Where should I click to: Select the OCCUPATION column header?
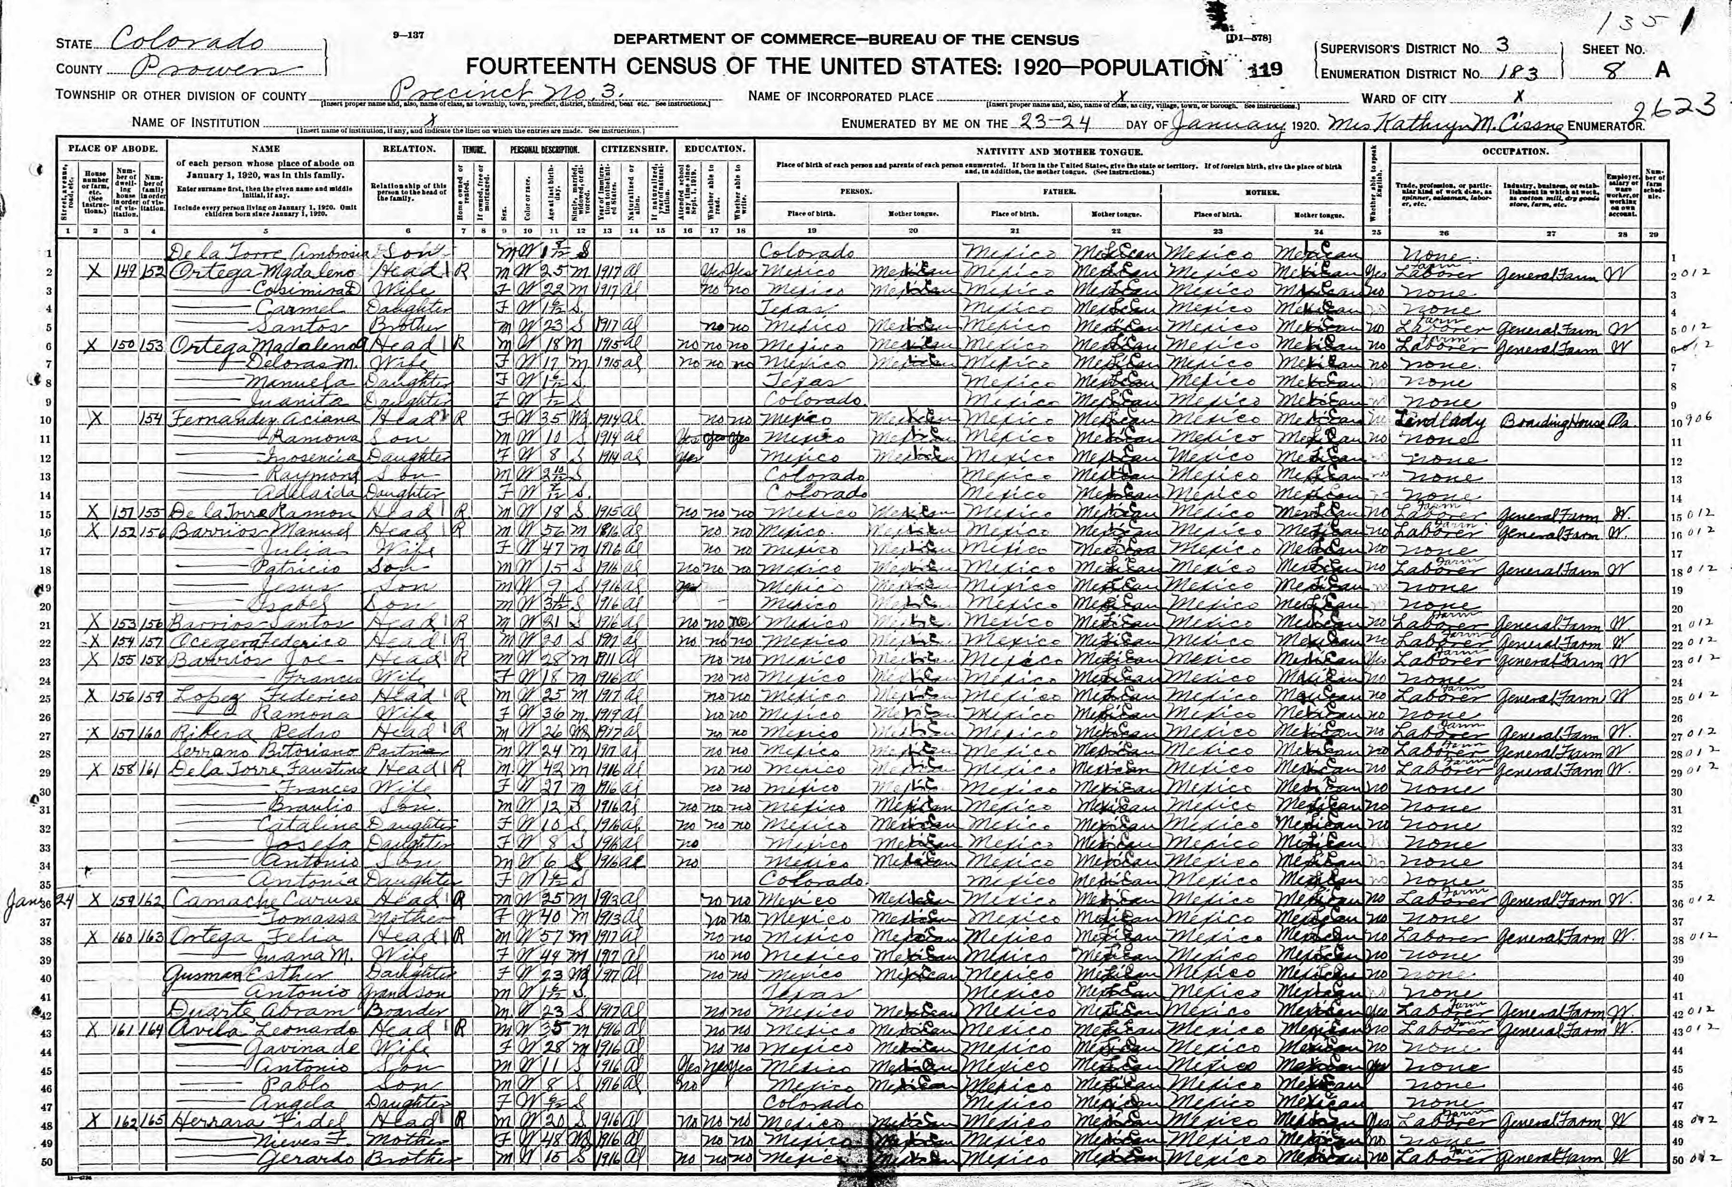[1515, 151]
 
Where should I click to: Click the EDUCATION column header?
[714, 149]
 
